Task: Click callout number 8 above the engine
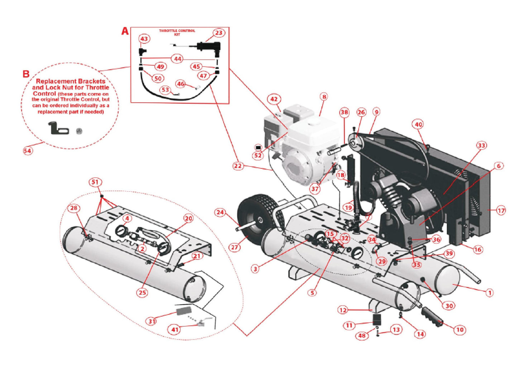(324, 97)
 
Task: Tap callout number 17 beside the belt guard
(501, 210)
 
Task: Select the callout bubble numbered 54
(28, 151)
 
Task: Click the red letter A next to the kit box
(125, 31)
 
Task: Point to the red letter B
(26, 74)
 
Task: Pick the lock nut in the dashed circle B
(79, 131)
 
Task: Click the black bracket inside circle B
(58, 128)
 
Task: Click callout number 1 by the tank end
(489, 293)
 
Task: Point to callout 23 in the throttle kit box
(218, 33)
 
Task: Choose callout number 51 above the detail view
(95, 182)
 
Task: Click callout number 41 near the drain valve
(175, 329)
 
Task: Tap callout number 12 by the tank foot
(343, 310)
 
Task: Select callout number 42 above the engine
(274, 99)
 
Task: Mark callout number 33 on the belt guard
(481, 145)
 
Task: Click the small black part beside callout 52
(258, 147)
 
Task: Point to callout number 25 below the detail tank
(142, 292)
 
